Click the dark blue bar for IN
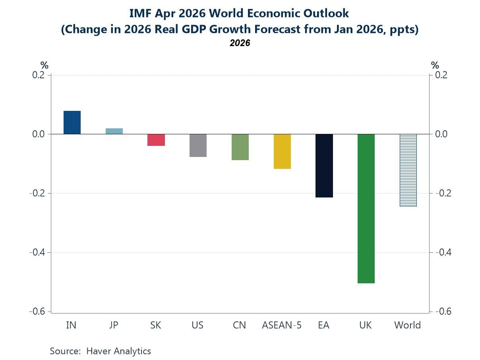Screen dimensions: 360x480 (x=72, y=122)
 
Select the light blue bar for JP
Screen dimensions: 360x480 (x=114, y=131)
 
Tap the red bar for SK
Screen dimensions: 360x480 (x=156, y=140)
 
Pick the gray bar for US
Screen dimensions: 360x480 (x=198, y=145)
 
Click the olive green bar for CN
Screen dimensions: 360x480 (x=240, y=147)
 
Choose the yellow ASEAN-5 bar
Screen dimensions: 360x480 (x=282, y=151)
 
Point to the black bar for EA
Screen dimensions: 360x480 (x=324, y=166)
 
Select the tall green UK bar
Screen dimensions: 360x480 (x=366, y=209)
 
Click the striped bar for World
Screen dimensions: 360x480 (x=408, y=170)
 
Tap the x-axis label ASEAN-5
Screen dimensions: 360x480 (x=282, y=325)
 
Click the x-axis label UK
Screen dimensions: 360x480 (x=365, y=325)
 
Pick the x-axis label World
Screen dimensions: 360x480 (x=407, y=325)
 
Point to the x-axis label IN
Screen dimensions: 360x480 (x=71, y=325)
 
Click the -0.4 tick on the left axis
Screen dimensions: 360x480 (x=37, y=252)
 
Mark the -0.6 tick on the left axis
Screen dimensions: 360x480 (x=37, y=312)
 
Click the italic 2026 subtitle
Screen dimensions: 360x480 (x=240, y=43)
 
